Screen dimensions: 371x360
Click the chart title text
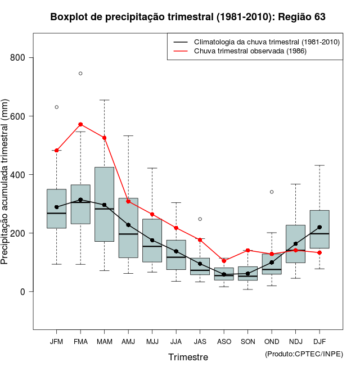(x=188, y=17)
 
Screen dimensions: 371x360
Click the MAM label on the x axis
(x=105, y=342)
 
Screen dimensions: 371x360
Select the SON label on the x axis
(x=248, y=342)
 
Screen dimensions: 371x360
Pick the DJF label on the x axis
(x=319, y=342)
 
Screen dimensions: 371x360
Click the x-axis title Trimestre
(x=188, y=357)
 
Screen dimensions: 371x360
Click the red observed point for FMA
(x=80, y=124)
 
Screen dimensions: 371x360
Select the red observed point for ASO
(x=224, y=261)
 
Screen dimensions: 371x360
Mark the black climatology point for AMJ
(x=128, y=225)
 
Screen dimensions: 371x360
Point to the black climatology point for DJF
(x=319, y=227)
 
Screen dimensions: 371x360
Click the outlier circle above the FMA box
(x=80, y=74)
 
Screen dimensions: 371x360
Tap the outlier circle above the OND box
(x=272, y=192)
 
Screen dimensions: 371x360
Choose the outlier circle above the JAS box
(x=200, y=219)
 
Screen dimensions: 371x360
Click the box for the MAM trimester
(x=105, y=204)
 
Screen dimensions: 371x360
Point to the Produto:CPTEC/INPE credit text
(x=303, y=354)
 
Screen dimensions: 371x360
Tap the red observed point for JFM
(x=57, y=151)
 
